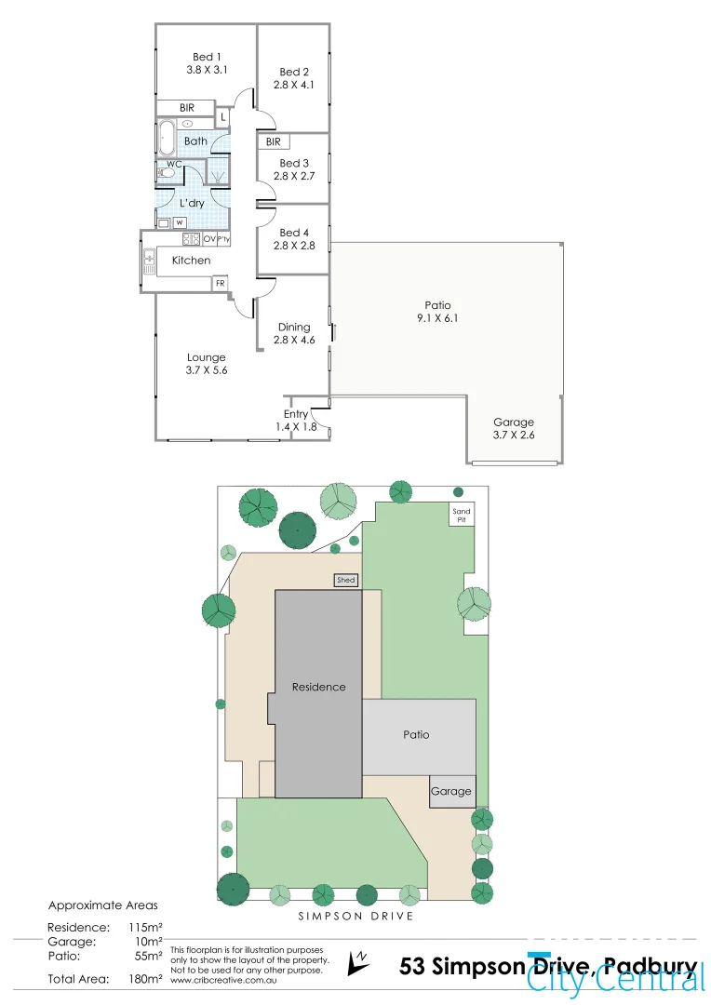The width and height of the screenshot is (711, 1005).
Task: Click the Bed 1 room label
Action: click(x=205, y=63)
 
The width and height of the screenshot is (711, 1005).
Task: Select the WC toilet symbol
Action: click(x=167, y=172)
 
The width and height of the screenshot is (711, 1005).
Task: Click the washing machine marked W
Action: click(x=178, y=221)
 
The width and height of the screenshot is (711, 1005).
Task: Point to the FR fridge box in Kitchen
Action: click(x=221, y=283)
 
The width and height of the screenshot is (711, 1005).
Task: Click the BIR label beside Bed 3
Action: click(x=274, y=141)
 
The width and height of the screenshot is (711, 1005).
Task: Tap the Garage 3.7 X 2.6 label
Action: click(x=514, y=428)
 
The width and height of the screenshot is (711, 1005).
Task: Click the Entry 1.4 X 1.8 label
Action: click(x=296, y=420)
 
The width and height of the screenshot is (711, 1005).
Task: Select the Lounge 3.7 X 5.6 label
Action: click(x=206, y=364)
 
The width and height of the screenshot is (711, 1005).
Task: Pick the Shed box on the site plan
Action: click(x=346, y=581)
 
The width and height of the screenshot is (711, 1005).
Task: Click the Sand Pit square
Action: click(x=462, y=516)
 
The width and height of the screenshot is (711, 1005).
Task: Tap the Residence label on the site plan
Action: click(x=318, y=688)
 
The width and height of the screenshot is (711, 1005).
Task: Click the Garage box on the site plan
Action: click(x=451, y=792)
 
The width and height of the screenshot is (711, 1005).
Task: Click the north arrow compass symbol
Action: click(x=357, y=962)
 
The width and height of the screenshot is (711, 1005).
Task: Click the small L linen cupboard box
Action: click(x=223, y=117)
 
